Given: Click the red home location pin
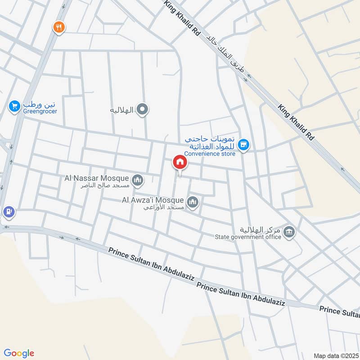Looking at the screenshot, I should (180, 162).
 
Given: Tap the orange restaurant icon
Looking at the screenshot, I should (59, 27).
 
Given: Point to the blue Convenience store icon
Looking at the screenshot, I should (244, 144).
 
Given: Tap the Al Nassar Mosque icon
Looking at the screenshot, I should (138, 180).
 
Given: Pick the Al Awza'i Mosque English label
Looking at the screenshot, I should (152, 200).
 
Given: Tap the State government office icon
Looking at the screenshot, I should (290, 233).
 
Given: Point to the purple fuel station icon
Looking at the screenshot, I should (9, 211).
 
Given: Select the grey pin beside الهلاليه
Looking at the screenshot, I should (143, 109).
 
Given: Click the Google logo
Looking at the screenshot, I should (19, 353).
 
